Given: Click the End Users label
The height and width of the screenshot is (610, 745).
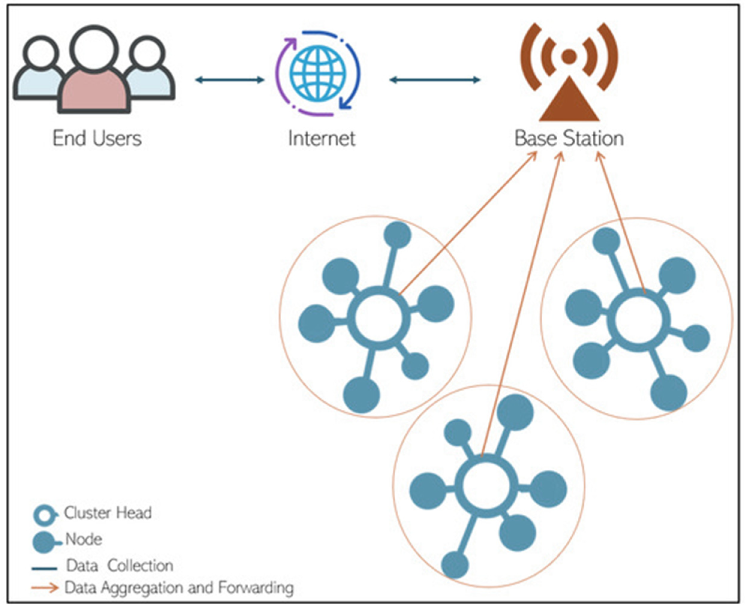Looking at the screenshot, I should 97,138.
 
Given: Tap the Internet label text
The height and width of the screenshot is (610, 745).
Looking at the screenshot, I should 321,138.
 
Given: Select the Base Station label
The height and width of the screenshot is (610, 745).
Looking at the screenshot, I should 569,138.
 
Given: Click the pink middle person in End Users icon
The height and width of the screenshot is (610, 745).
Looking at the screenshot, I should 94,88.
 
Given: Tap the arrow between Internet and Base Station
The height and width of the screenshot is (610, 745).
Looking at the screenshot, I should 435,80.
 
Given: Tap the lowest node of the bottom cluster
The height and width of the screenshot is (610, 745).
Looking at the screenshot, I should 455,565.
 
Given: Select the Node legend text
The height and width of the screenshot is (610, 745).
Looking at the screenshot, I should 84,539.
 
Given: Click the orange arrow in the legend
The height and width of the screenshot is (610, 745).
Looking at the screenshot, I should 45,588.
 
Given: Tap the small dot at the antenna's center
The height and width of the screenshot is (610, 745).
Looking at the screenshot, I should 569,55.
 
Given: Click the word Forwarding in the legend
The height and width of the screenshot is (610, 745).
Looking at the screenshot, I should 256,588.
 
